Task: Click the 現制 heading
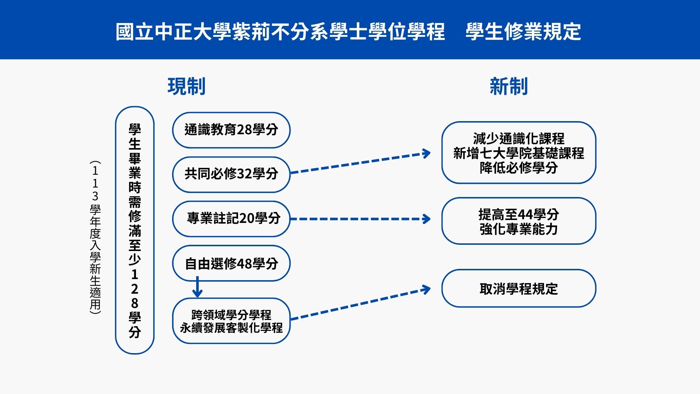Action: click(186, 86)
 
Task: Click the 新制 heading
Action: click(509, 86)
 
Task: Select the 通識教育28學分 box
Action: click(231, 130)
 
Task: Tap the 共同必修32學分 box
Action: click(231, 174)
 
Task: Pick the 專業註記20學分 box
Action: click(231, 219)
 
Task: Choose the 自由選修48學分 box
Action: click(231, 263)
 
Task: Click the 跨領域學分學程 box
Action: click(231, 314)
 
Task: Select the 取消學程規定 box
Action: click(518, 289)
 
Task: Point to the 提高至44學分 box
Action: click(518, 214)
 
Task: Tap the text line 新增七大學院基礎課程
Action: click(518, 153)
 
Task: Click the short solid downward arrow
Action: click(197, 287)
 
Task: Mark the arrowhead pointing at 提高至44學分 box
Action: click(426, 219)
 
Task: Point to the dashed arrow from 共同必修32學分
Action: click(359, 163)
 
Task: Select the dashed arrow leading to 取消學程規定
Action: click(359, 305)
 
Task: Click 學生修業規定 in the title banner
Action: click(523, 31)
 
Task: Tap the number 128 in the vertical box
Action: click(135, 289)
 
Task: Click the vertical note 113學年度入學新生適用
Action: click(95, 237)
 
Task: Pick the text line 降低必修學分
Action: click(518, 168)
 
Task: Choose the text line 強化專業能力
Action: click(518, 229)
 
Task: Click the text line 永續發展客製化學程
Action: click(231, 328)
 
